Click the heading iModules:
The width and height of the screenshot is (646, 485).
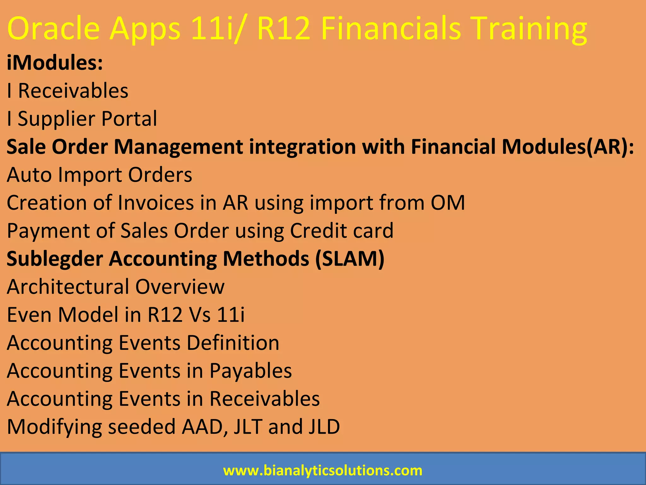(x=55, y=63)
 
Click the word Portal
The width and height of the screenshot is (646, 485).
(x=129, y=119)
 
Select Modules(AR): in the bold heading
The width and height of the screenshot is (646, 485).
(x=567, y=147)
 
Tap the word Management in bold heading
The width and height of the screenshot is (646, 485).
(x=178, y=147)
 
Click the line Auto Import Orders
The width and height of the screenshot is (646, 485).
(x=99, y=175)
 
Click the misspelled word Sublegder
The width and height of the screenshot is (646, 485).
(x=55, y=259)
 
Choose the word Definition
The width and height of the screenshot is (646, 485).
(x=233, y=343)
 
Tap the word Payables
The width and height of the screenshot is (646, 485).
(x=250, y=370)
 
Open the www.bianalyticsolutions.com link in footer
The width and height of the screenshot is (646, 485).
(x=322, y=470)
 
